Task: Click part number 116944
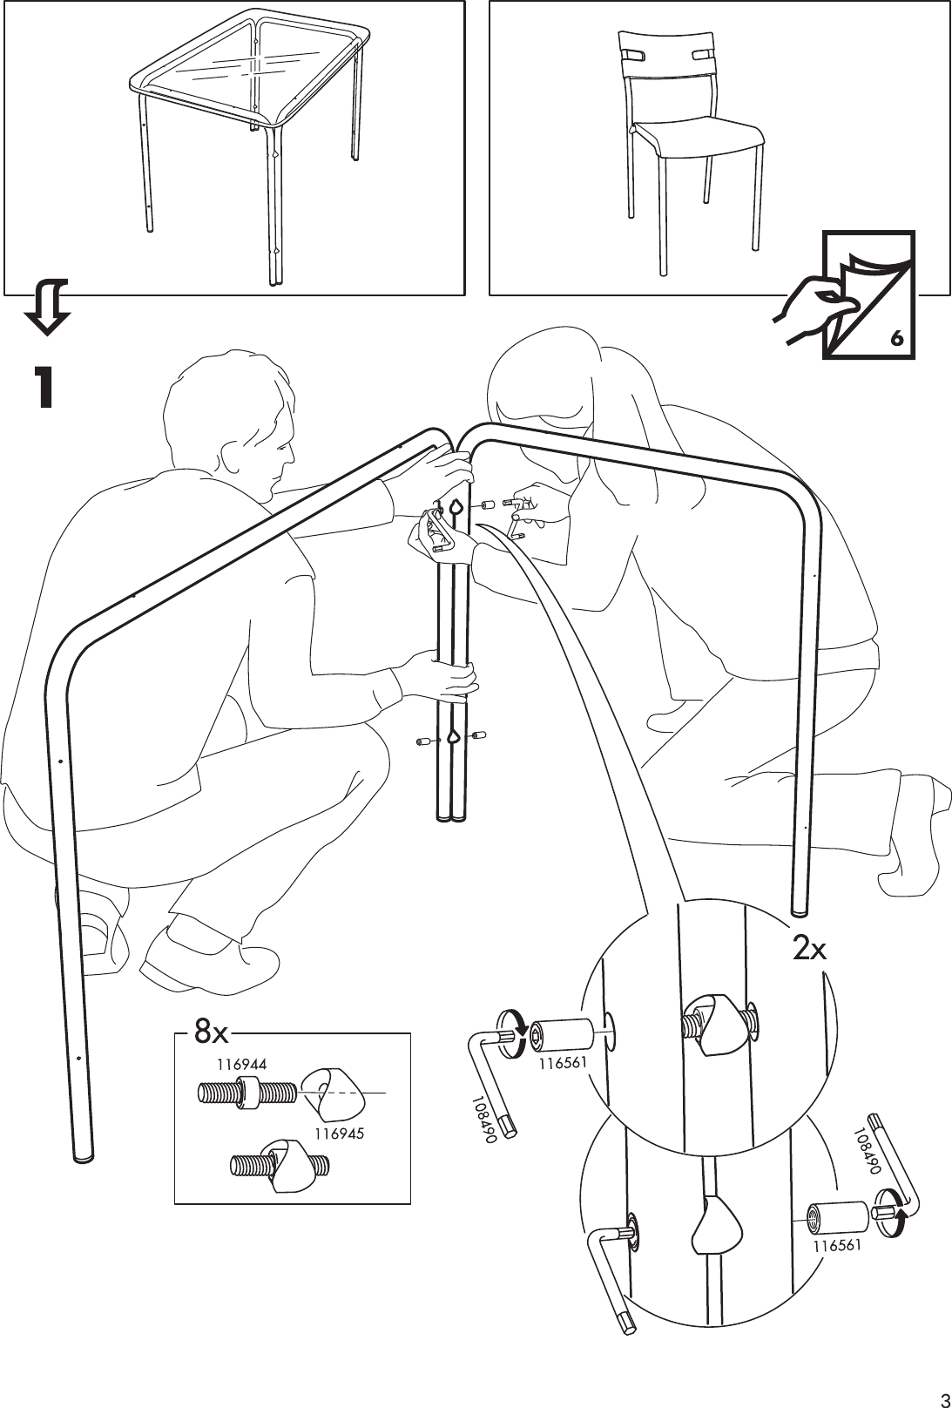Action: click(x=241, y=1063)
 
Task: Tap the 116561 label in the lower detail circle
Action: click(x=837, y=1246)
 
